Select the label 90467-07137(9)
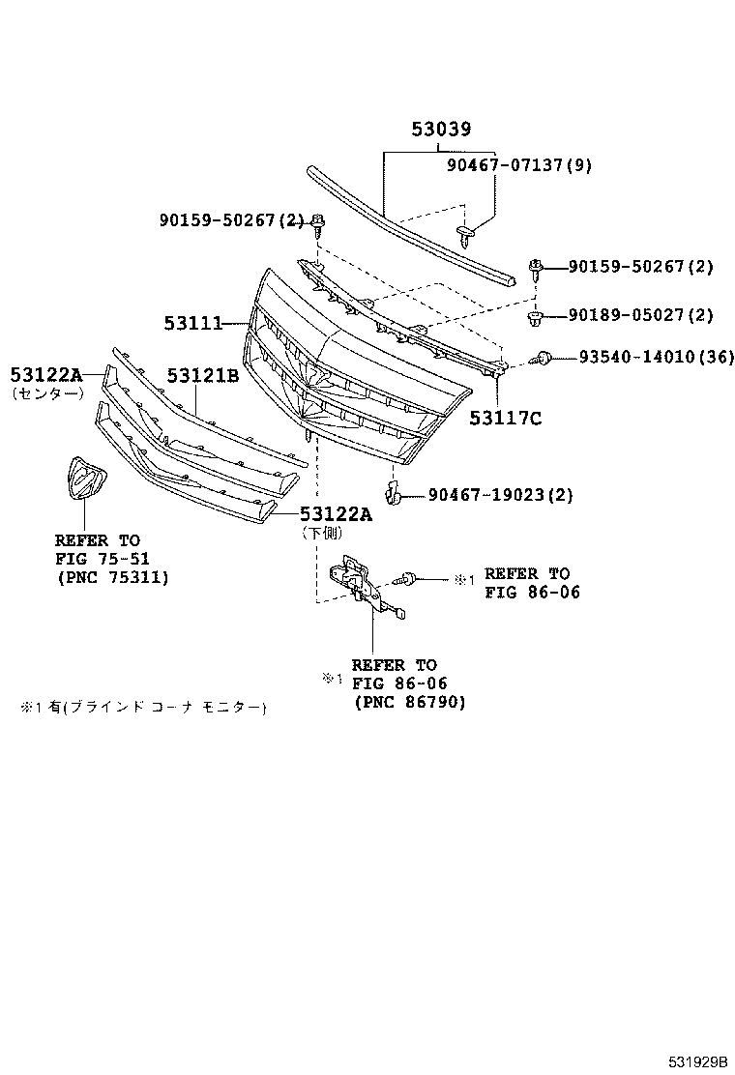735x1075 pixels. coord(518,165)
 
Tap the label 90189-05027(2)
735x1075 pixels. coord(640,314)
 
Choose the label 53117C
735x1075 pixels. coord(505,418)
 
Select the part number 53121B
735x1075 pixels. coord(202,375)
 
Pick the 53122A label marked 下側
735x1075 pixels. coord(335,514)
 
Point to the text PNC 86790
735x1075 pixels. coord(409,703)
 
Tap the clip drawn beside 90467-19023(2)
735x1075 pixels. coord(392,494)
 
